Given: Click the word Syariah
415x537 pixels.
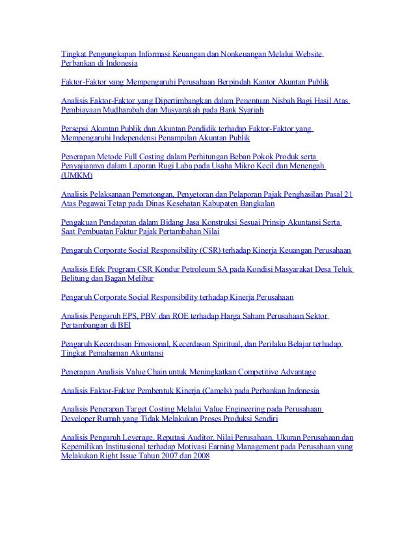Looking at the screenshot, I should point(266,111).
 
